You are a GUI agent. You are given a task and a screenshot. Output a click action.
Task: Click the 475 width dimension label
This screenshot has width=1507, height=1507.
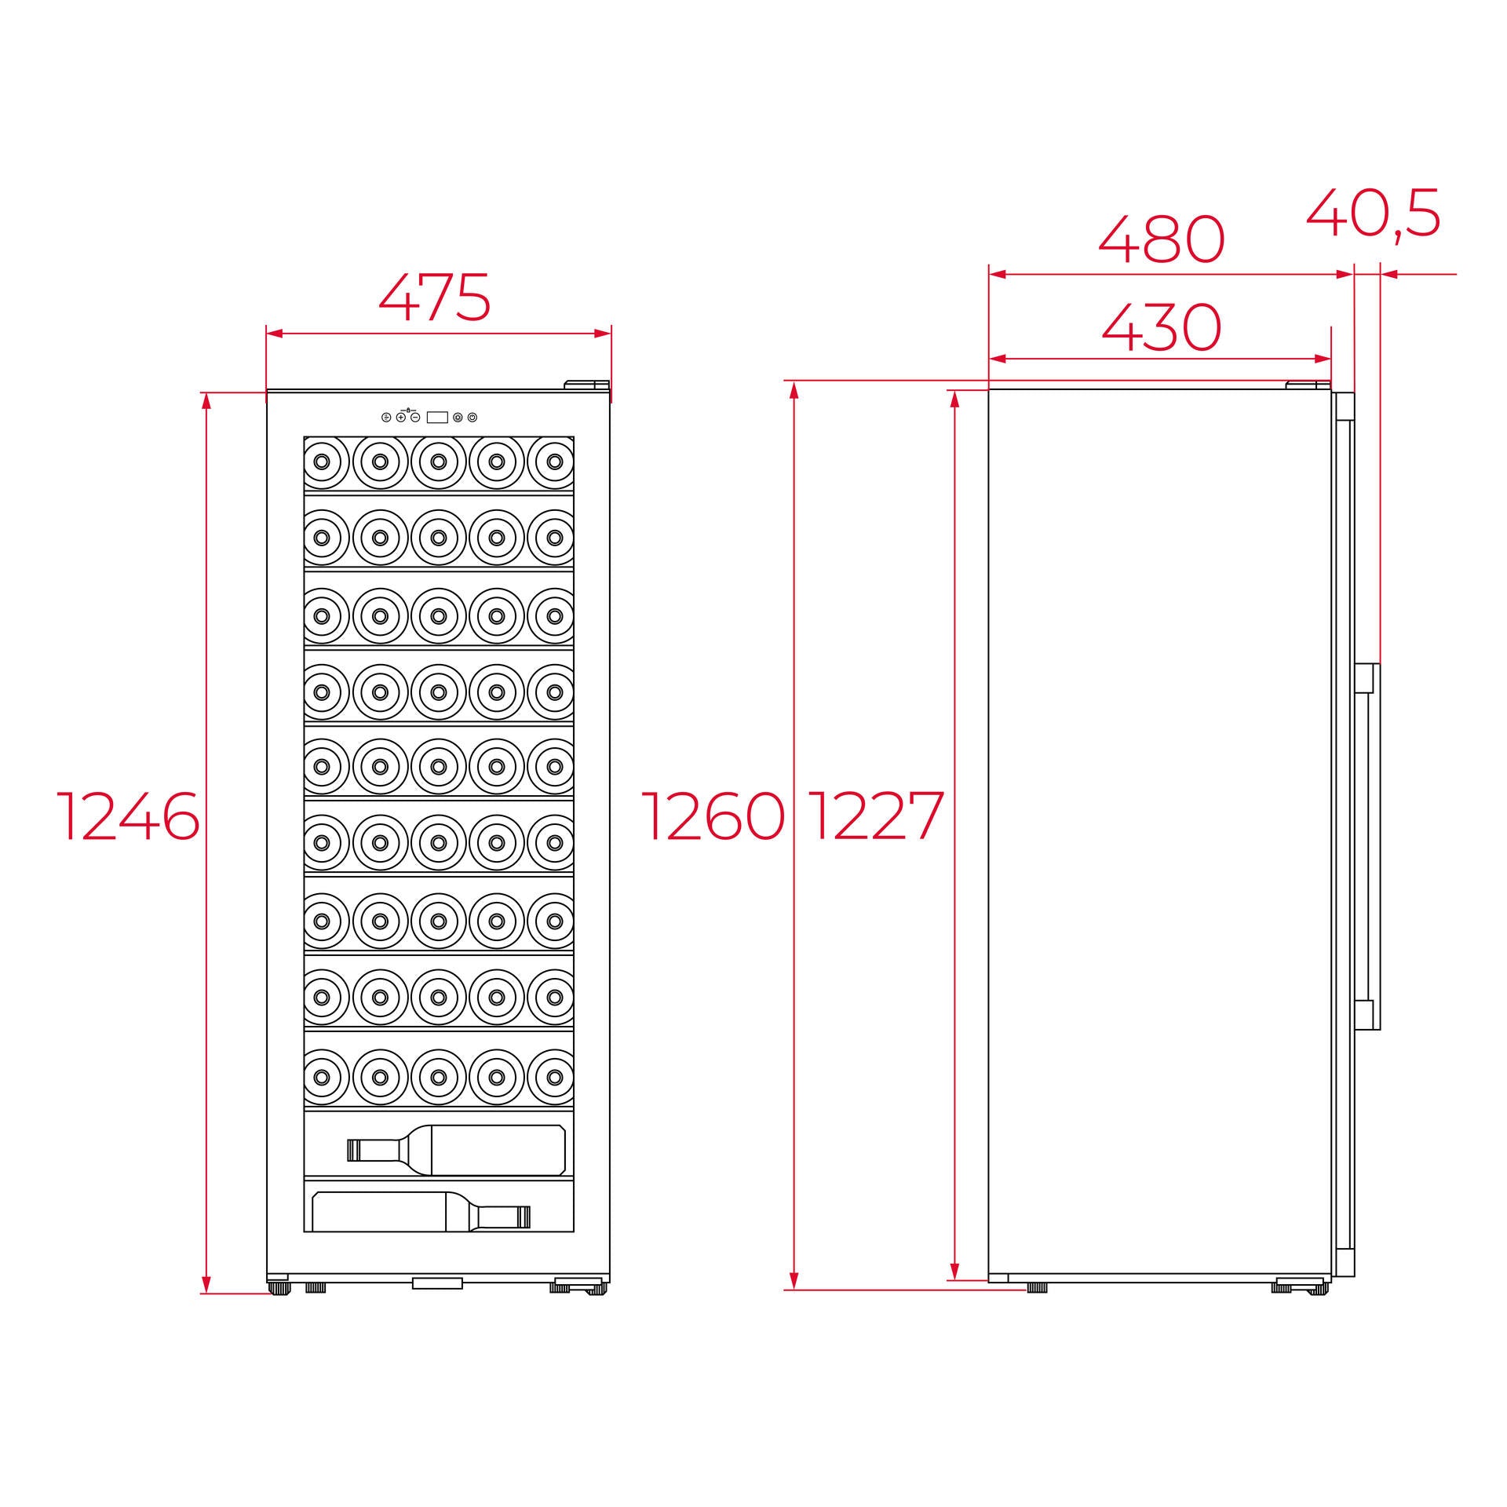pos(435,297)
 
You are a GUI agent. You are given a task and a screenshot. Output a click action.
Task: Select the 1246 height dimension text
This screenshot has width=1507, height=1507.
pos(129,816)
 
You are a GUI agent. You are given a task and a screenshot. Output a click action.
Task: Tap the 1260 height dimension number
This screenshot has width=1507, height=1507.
pos(713,816)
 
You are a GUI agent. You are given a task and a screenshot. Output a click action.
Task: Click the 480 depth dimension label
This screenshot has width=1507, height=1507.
pos(1161,239)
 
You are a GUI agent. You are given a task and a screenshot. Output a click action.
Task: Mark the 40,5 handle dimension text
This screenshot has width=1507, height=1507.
pos(1374,213)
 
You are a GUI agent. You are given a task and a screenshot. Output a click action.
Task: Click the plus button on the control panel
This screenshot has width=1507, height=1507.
pos(401,418)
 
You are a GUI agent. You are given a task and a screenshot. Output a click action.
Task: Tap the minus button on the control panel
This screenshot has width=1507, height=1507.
pos(415,418)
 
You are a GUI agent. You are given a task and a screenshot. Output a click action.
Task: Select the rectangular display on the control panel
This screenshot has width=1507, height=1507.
pos(437,418)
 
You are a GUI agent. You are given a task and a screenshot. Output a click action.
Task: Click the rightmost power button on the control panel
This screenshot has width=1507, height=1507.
pos(472,418)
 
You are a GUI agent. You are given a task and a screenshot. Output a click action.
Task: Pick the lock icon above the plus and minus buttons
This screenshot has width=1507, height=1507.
pos(408,409)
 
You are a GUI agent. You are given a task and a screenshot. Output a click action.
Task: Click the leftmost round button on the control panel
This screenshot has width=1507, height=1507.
pos(386,418)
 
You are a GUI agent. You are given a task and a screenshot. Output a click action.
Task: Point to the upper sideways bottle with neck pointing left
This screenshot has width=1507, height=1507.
pos(456,1150)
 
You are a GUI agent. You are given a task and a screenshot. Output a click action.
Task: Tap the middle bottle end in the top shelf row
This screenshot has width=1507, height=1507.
pos(438,462)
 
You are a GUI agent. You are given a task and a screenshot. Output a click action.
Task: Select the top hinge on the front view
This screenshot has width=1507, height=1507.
pos(587,385)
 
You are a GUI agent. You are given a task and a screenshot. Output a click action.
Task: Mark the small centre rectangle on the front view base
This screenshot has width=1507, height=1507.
pos(437,1283)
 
